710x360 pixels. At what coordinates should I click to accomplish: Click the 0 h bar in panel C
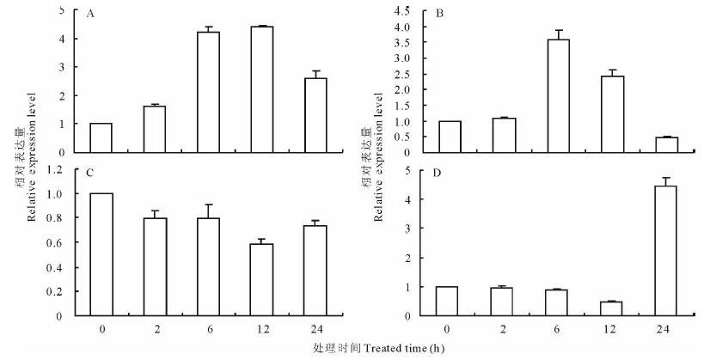[x=101, y=254]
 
